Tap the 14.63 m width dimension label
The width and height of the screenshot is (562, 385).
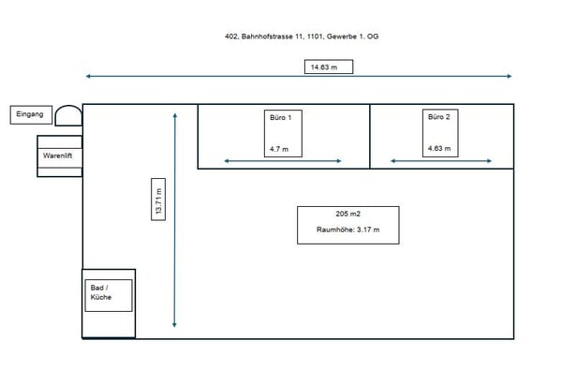coord(318,67)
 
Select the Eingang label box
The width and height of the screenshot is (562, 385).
coord(29,114)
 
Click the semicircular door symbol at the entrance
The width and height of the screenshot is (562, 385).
coord(68,115)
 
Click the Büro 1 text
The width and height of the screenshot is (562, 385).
coord(282,117)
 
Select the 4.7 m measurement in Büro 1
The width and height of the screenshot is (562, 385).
coord(279,149)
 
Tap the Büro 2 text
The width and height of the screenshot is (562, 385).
coord(439,117)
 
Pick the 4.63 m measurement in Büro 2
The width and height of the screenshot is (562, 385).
coord(438,149)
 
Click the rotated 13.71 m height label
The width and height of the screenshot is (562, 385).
coord(160,199)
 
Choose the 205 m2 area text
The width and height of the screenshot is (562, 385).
coord(348,214)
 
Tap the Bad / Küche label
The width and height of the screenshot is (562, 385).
coord(101,291)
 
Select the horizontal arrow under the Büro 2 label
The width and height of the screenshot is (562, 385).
coord(440,161)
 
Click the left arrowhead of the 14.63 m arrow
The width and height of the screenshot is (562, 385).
coord(89,76)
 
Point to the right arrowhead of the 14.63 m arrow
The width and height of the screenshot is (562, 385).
coord(509,76)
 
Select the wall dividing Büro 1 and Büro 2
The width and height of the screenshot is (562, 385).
coord(370,136)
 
